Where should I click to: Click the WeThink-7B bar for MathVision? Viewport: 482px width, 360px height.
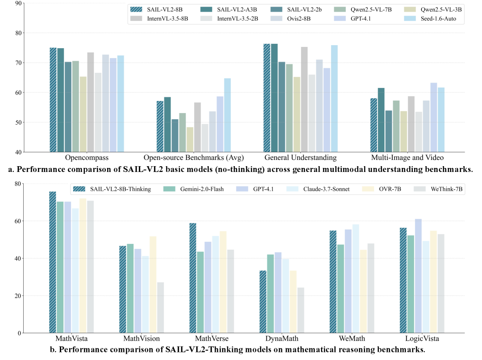tap(160, 307)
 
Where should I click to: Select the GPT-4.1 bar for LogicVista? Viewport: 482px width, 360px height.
tap(418, 276)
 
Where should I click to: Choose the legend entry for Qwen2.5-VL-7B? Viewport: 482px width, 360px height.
tap(367, 9)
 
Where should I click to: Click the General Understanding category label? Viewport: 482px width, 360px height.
tap(300, 158)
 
